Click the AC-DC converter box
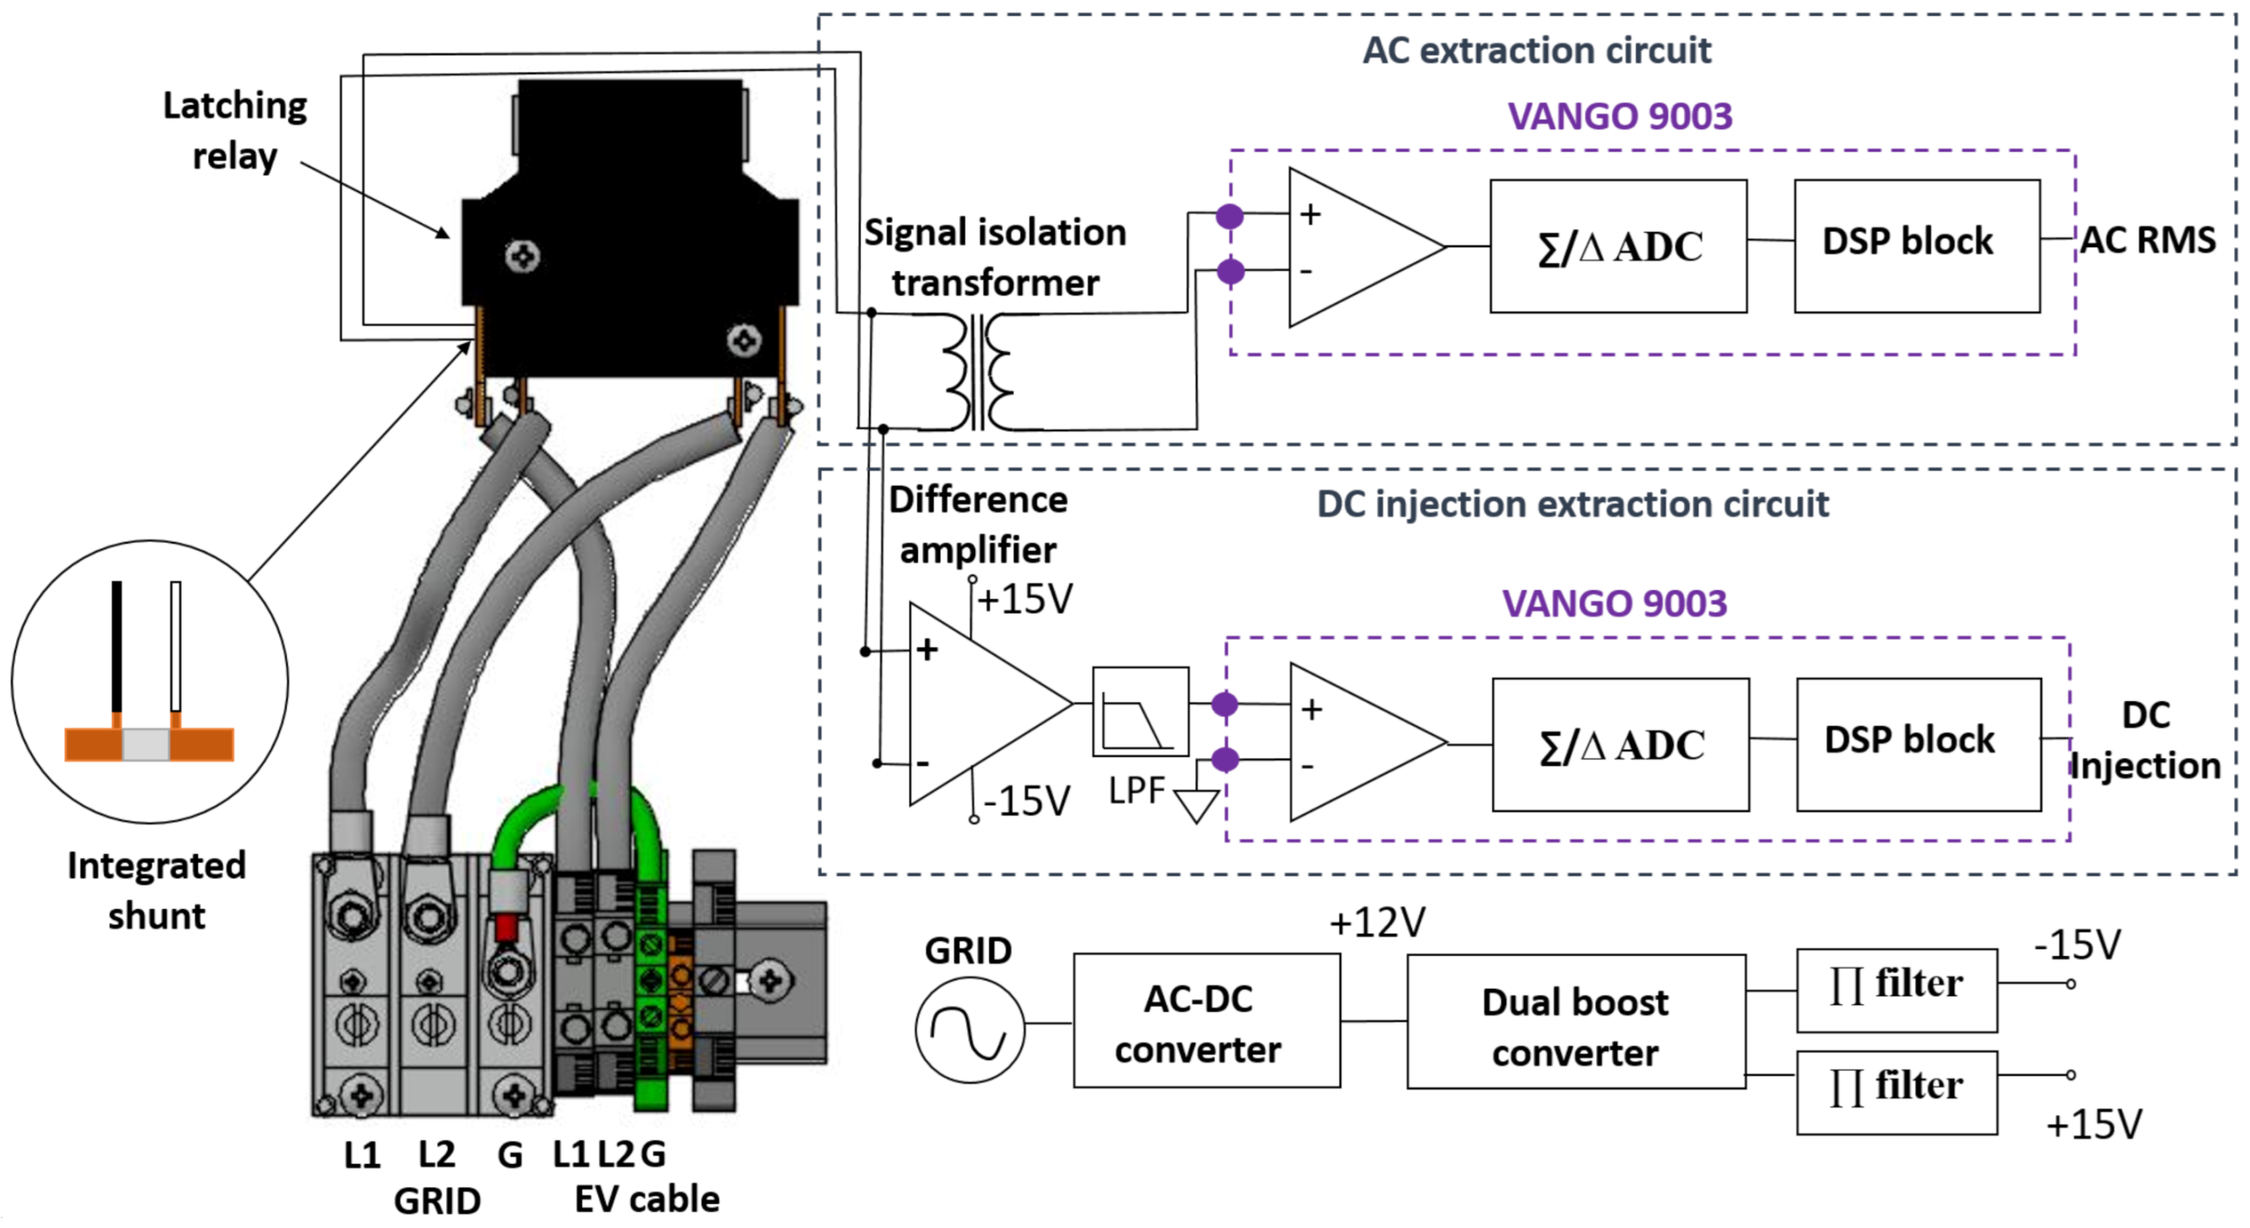pyautogui.click(x=1206, y=1021)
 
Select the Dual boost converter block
pyautogui.click(x=1576, y=1022)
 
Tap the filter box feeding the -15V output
pyautogui.click(x=1897, y=991)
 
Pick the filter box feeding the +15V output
pyautogui.click(x=1897, y=1093)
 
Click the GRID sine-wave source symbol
pyautogui.click(x=970, y=1030)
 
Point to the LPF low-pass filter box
pyautogui.click(x=1140, y=712)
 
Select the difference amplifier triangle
pyautogui.click(x=990, y=705)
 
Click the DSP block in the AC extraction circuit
pyautogui.click(x=1917, y=246)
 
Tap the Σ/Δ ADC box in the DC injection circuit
pyautogui.click(x=1620, y=745)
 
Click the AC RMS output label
pyautogui.click(x=2147, y=240)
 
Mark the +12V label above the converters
pyautogui.click(x=1377, y=923)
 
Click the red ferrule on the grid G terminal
pyautogui.click(x=506, y=929)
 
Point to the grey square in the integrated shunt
pyautogui.click(x=145, y=745)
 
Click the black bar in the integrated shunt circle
pyautogui.click(x=117, y=646)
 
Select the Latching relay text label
pyautogui.click(x=235, y=131)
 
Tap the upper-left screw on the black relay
pyautogui.click(x=523, y=257)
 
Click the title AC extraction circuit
pyautogui.click(x=1536, y=50)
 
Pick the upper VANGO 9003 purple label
pyautogui.click(x=1619, y=116)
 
